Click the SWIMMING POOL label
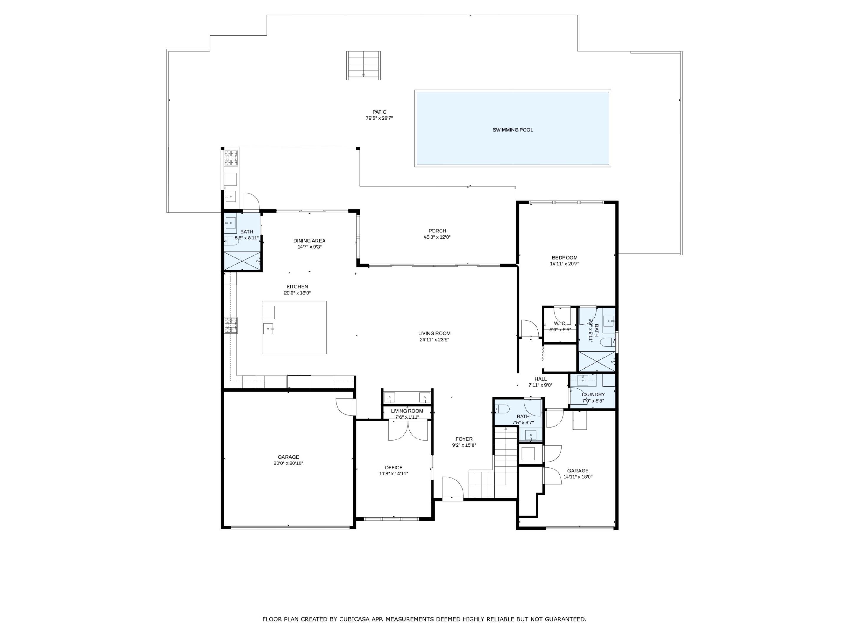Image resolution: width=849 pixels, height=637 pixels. click(x=512, y=130)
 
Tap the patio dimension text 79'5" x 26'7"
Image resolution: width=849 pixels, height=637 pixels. click(x=379, y=118)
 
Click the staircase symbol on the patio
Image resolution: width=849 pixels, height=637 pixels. click(x=363, y=65)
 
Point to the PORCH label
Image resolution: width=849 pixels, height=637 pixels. click(x=437, y=231)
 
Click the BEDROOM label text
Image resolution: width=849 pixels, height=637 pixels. click(x=564, y=258)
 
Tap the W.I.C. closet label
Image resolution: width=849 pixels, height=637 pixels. click(x=560, y=323)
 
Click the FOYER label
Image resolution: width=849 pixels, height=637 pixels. click(x=464, y=439)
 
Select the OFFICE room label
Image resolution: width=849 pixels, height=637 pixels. click(x=394, y=467)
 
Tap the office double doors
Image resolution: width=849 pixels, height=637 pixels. click(x=408, y=431)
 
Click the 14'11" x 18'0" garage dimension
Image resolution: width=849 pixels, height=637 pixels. click(x=577, y=477)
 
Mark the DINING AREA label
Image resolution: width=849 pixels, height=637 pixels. click(x=309, y=241)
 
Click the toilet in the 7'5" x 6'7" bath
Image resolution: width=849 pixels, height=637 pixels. click(x=502, y=409)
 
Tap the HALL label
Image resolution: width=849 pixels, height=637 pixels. click(x=540, y=379)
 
